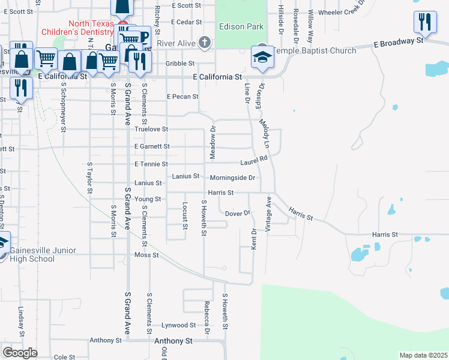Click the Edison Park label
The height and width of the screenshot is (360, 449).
pos(241,27)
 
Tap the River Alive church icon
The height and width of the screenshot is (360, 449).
pos(205,43)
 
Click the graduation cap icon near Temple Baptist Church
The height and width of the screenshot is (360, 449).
pos(262,57)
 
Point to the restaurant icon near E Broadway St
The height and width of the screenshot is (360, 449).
pos(424,23)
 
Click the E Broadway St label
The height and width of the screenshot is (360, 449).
pos(398,42)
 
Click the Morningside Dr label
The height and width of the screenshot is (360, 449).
pos(233,178)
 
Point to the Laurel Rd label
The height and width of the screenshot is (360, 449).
pos(254,161)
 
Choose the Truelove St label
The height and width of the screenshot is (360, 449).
pos(151,129)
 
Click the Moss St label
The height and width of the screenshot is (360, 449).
pos(146,255)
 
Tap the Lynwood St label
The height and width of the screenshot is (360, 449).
pos(179,325)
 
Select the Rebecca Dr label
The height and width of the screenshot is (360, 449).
pos(206,317)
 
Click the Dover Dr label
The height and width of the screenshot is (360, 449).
pos(237,213)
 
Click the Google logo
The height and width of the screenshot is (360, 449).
pos(20,352)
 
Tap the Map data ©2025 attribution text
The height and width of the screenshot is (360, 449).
pos(423,355)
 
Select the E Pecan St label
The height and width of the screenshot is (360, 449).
pos(182,96)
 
